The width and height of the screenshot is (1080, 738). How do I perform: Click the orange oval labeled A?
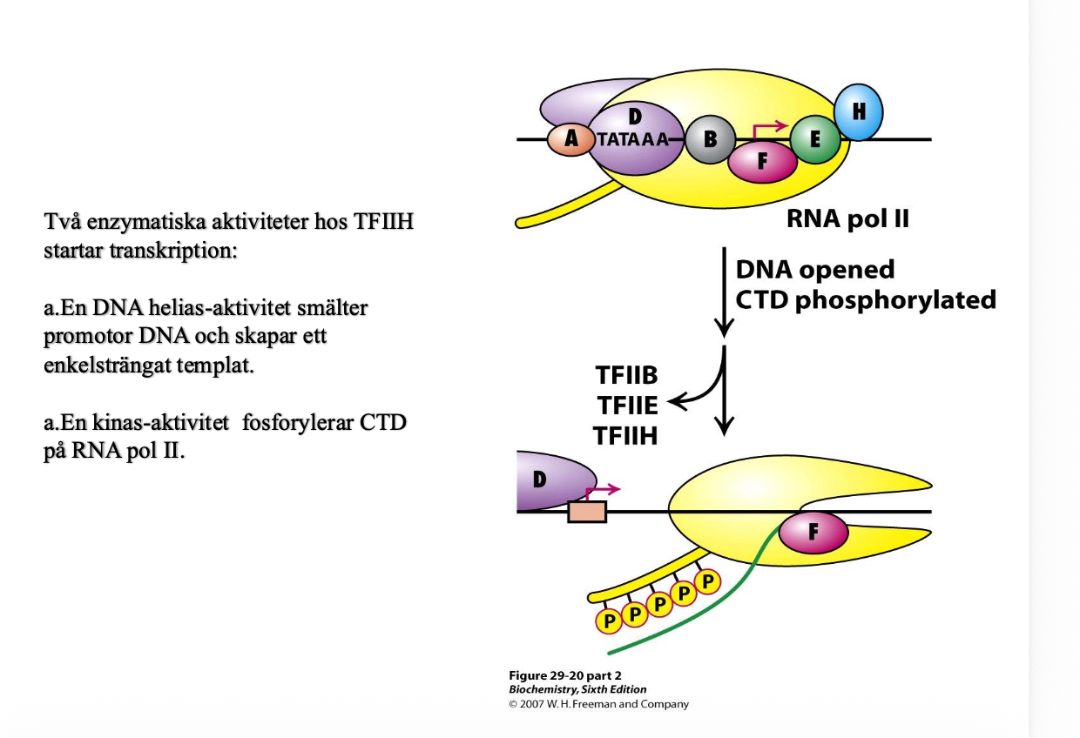tap(570, 139)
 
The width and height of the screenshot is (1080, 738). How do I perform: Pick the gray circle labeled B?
tap(710, 140)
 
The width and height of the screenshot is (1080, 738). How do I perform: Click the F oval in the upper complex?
tap(762, 163)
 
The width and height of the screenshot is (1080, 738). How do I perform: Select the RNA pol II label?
tap(847, 218)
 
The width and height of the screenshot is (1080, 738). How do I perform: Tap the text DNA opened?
tap(814, 270)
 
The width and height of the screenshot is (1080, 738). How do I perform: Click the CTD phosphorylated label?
tap(865, 299)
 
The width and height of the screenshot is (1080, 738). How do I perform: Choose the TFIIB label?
tap(626, 377)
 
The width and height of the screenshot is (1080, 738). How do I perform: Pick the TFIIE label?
tap(625, 406)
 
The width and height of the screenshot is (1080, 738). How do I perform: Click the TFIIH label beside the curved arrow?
tap(625, 435)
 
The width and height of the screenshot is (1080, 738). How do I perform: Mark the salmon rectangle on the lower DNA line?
tap(586, 511)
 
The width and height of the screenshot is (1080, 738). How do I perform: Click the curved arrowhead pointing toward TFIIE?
tap(676, 401)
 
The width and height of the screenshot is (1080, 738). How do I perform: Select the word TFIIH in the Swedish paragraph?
tap(383, 222)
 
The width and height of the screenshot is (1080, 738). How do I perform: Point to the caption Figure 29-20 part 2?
tap(564, 675)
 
